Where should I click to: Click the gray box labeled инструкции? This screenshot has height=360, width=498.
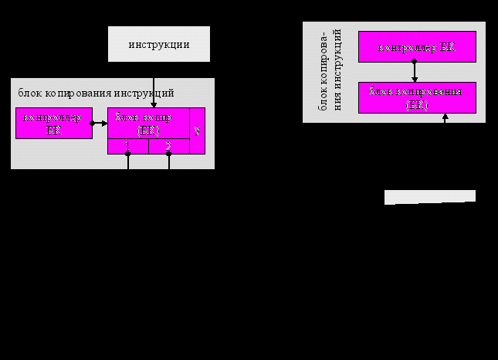click(158, 44)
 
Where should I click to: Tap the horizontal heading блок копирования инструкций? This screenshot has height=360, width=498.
click(96, 93)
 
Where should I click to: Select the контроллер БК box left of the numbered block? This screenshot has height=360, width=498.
click(53, 123)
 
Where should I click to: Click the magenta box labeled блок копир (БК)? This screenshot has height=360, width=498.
click(147, 124)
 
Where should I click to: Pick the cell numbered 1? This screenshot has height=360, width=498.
click(127, 147)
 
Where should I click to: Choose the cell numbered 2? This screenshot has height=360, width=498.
click(168, 147)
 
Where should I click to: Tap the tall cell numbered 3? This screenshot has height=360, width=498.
click(197, 131)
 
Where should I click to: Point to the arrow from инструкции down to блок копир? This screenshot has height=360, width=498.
click(154, 91)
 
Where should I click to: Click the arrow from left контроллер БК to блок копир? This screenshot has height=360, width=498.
click(100, 123)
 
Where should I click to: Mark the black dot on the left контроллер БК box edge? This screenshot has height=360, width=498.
click(92, 123)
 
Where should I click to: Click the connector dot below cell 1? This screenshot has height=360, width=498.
click(128, 155)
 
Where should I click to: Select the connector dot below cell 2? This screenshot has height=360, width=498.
click(168, 155)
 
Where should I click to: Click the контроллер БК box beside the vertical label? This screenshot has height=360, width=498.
click(416, 47)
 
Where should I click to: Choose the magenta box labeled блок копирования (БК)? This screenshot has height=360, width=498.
click(416, 97)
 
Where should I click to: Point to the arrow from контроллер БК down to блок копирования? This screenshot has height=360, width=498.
click(415, 72)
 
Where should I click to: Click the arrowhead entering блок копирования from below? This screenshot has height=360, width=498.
click(445, 117)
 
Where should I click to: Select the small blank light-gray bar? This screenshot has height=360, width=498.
click(429, 197)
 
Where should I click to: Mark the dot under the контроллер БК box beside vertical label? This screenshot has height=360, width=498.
click(415, 63)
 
